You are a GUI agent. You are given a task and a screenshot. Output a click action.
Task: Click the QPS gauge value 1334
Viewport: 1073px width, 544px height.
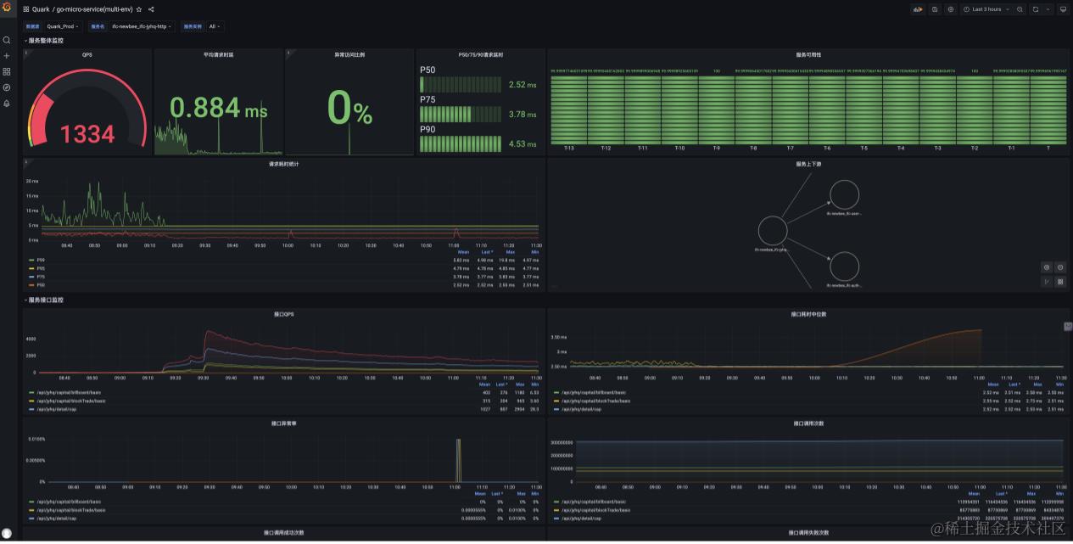pyautogui.click(x=87, y=134)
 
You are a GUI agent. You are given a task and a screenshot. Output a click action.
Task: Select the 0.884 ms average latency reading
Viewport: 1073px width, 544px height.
pyautogui.click(x=218, y=108)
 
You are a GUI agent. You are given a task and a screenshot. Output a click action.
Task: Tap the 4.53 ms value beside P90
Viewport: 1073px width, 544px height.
pyautogui.click(x=523, y=144)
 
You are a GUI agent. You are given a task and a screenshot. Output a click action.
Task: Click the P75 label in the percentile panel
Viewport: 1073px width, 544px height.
pyautogui.click(x=428, y=99)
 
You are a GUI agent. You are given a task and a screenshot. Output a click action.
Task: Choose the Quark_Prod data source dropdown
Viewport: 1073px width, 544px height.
pyautogui.click(x=62, y=26)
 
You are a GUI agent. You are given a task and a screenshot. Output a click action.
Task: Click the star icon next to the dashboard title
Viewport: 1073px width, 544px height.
pyautogui.click(x=139, y=9)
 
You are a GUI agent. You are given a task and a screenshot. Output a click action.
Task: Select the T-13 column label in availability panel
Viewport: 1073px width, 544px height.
pyautogui.click(x=568, y=148)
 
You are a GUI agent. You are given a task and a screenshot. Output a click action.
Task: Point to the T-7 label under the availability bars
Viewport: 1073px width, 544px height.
pyautogui.click(x=790, y=148)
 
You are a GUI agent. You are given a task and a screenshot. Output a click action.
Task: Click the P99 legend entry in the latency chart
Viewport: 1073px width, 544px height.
pyautogui.click(x=40, y=260)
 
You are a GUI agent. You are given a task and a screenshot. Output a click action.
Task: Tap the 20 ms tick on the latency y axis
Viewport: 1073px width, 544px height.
pyautogui.click(x=32, y=182)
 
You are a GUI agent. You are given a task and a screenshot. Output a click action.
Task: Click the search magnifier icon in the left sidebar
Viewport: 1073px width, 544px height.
pyautogui.click(x=7, y=40)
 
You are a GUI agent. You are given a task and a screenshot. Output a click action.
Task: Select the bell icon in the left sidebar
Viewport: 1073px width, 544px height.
pyautogui.click(x=7, y=104)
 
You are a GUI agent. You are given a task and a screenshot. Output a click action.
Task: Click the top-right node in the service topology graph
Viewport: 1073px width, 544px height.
pyautogui.click(x=844, y=194)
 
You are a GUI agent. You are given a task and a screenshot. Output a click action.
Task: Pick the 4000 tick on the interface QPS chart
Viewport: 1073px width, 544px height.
pyautogui.click(x=30, y=339)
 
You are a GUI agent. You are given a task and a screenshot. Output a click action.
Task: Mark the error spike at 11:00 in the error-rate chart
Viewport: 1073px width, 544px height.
pyautogui.click(x=458, y=459)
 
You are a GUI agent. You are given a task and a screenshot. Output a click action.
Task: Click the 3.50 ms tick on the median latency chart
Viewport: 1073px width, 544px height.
pyautogui.click(x=559, y=337)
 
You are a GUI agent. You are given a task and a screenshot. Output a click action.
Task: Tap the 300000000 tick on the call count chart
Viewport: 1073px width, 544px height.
pyautogui.click(x=562, y=442)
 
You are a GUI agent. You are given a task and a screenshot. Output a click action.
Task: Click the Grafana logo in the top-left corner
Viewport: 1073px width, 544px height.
pyautogui.click(x=7, y=8)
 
